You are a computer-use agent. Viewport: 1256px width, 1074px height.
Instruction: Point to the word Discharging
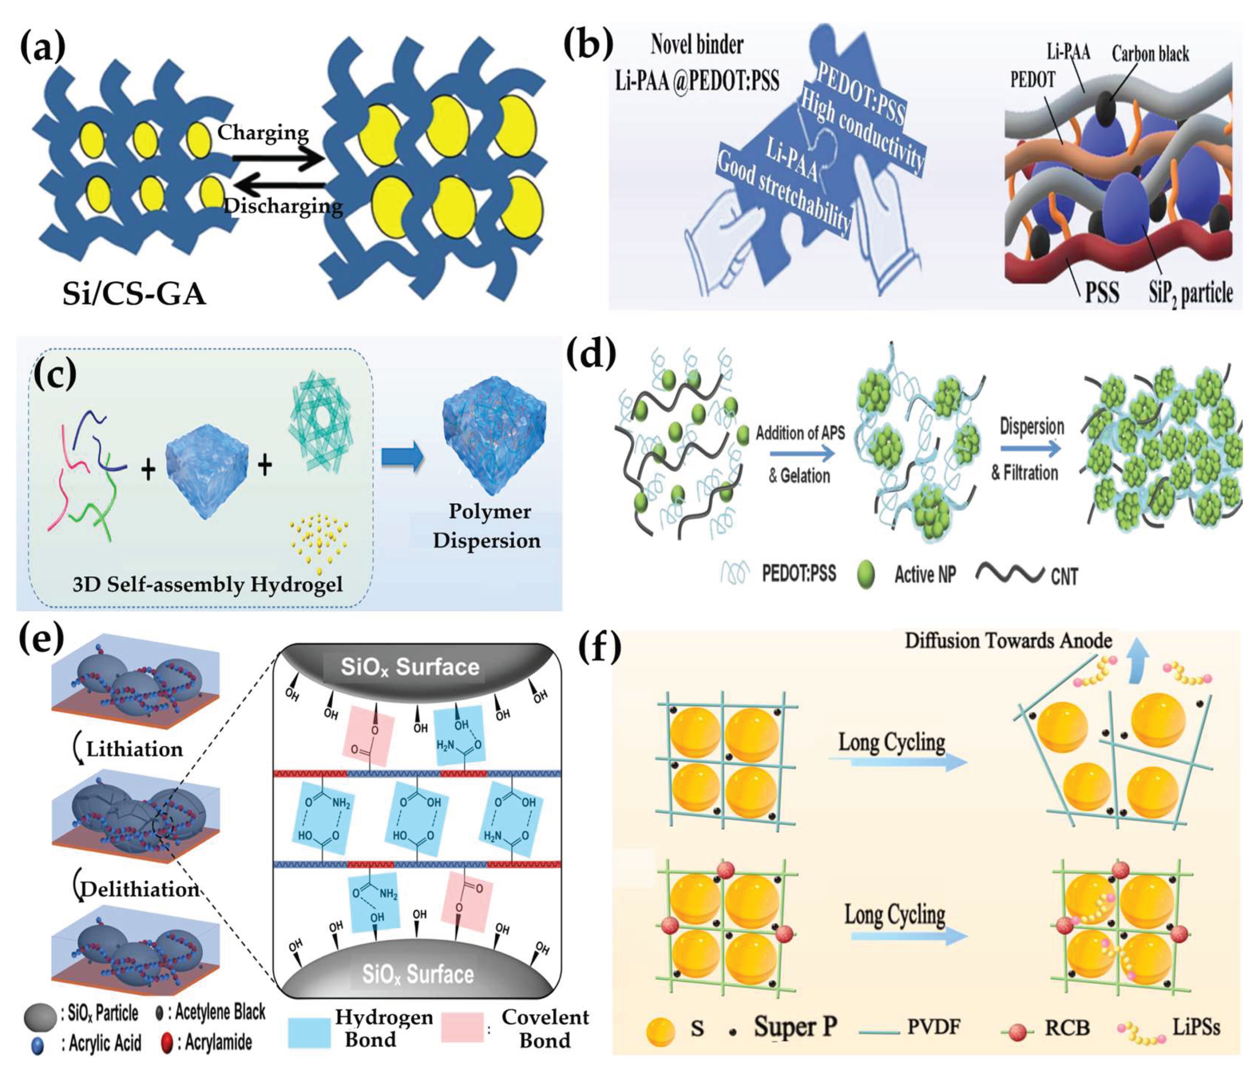(283, 206)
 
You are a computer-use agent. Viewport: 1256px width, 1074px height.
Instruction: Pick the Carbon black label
(1150, 54)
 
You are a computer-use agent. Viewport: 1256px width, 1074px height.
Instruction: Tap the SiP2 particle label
(1190, 294)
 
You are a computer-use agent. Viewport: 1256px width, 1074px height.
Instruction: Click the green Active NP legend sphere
(866, 574)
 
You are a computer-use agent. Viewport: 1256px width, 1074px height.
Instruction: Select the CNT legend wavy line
(1010, 573)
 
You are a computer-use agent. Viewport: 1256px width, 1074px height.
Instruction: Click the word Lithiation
(134, 749)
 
